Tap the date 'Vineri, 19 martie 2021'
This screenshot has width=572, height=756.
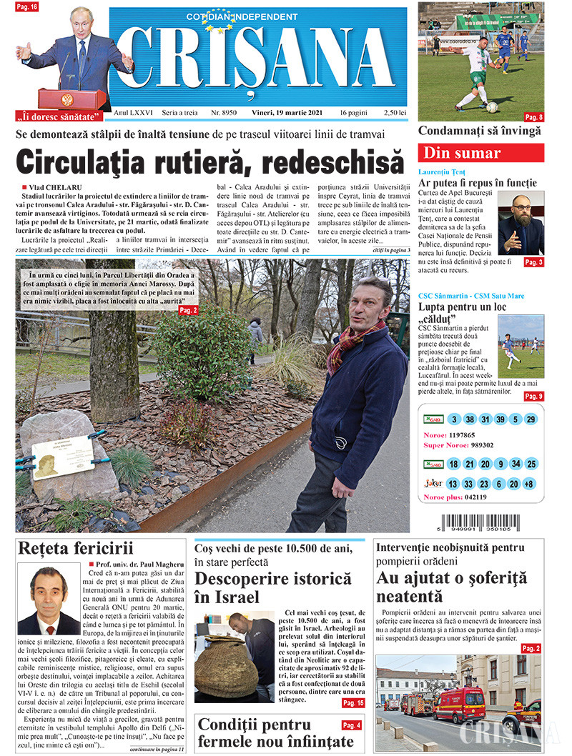[286, 114]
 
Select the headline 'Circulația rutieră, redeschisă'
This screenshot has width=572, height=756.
[209, 161]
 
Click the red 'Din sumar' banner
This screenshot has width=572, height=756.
[480, 152]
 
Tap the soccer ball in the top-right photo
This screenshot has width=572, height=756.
[492, 106]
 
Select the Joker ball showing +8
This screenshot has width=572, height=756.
[529, 484]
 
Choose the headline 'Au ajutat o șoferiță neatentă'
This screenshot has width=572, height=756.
[451, 587]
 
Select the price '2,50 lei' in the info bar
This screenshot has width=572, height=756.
[394, 114]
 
